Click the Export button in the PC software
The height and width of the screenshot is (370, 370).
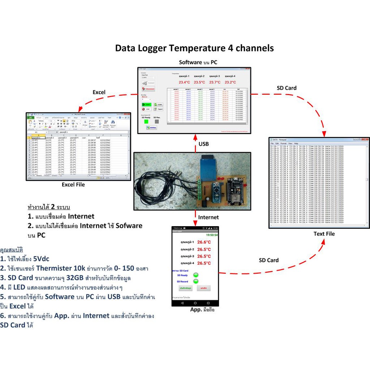tap(159, 109)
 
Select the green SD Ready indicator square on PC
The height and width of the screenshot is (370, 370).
tap(146, 122)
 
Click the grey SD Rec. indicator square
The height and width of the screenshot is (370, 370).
tap(157, 122)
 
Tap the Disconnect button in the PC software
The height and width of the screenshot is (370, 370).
tap(149, 89)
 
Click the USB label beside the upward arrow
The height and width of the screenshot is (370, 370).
tap(203, 144)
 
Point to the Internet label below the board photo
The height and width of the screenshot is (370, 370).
tap(208, 217)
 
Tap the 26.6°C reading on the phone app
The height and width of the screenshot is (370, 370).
tap(204, 242)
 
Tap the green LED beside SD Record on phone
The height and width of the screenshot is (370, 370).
tap(196, 281)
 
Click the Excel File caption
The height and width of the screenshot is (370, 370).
tap(73, 185)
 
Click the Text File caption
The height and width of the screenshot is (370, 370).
tap(324, 234)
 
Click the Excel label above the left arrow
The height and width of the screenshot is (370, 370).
tap(99, 92)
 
